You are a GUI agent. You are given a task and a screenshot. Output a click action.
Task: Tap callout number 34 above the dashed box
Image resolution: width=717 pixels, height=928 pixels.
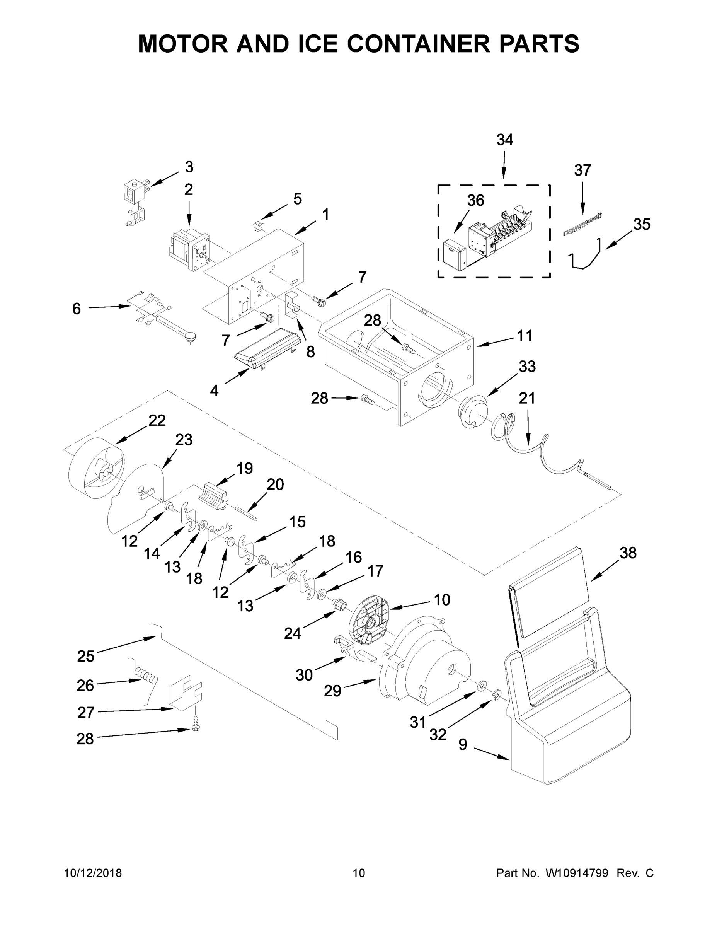pyautogui.click(x=505, y=140)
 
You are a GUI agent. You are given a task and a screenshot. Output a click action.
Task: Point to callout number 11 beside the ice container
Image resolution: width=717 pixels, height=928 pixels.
pyautogui.click(x=525, y=336)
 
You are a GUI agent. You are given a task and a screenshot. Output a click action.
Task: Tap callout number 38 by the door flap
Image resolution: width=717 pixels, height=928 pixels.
pyautogui.click(x=628, y=553)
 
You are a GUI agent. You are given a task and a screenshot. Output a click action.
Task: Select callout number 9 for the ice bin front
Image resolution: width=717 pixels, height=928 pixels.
pyautogui.click(x=463, y=744)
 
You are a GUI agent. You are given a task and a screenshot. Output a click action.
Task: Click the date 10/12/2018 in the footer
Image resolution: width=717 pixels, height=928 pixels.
pyautogui.click(x=93, y=873)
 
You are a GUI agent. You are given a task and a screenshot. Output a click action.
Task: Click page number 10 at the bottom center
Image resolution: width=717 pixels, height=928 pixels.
pyautogui.click(x=359, y=873)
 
